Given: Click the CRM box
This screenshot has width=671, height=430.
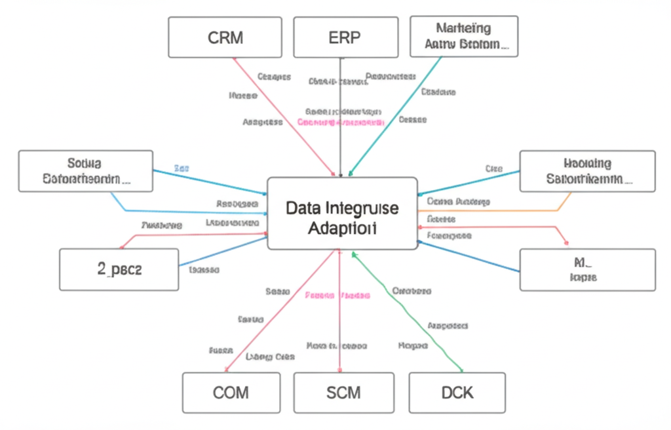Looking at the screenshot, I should pyautogui.click(x=225, y=37).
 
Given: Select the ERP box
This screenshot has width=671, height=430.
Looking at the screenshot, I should pyautogui.click(x=344, y=37).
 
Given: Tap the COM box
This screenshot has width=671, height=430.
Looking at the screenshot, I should pyautogui.click(x=231, y=393).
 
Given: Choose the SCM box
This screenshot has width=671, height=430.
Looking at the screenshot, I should pyautogui.click(x=343, y=393).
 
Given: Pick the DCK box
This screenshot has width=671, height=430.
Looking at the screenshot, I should pyautogui.click(x=457, y=393).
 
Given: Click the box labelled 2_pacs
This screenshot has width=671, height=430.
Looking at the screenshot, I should pyautogui.click(x=119, y=269).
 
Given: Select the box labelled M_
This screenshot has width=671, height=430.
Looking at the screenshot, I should pyautogui.click(x=586, y=269).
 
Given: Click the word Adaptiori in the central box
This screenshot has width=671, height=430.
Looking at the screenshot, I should pyautogui.click(x=341, y=229).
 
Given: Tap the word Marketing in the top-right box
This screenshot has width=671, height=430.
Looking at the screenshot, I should pyautogui.click(x=463, y=28).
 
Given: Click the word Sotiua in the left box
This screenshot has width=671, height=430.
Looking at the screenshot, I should pyautogui.click(x=85, y=162).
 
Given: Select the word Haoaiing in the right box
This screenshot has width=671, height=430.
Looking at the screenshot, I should pyautogui.click(x=586, y=163).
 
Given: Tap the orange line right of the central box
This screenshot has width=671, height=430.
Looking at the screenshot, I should pyautogui.click(x=498, y=210).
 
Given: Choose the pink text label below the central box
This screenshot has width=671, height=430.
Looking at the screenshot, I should pyautogui.click(x=337, y=296).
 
